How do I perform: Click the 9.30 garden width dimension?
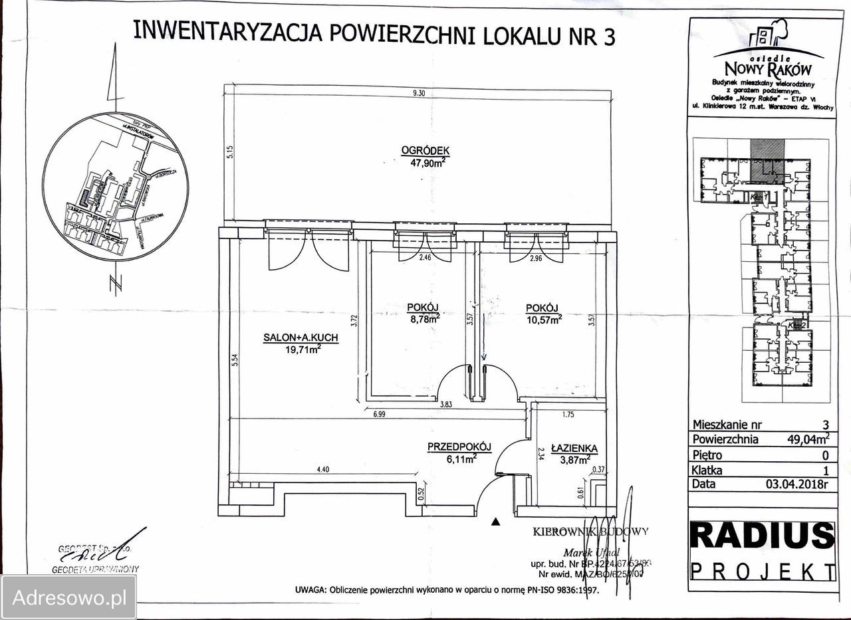point(418,94)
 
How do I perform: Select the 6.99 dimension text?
point(379,414)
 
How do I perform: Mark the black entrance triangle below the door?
point(495,522)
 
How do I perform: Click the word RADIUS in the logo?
point(762,536)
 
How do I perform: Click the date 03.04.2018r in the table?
point(796,484)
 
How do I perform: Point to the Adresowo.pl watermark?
point(69,597)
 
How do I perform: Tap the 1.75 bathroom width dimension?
point(568,414)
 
